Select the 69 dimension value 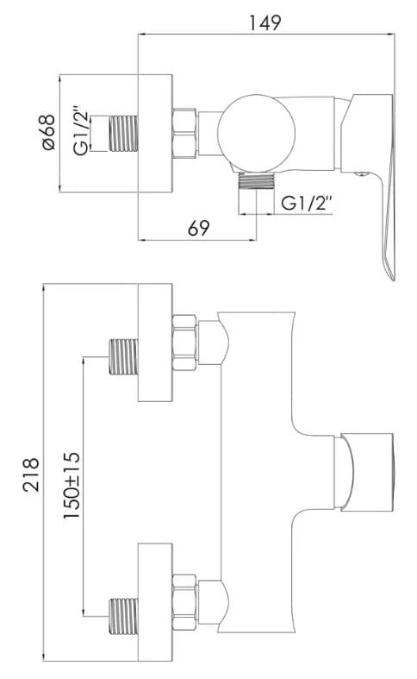tap(199, 228)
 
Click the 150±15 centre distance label tap(72, 484)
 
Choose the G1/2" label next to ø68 tap(82, 132)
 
